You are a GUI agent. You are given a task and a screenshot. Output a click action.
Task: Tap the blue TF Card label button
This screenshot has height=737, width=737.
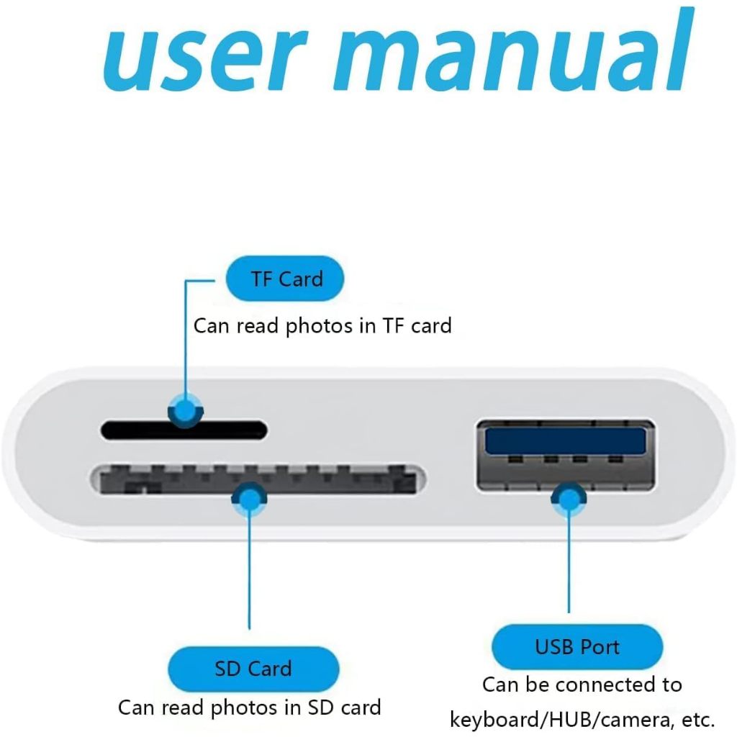(285, 279)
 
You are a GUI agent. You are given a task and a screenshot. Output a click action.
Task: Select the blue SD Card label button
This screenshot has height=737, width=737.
(253, 669)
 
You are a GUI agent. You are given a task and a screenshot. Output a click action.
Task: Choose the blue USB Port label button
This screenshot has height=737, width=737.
(577, 646)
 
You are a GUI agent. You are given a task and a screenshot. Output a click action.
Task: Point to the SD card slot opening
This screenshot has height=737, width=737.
(331, 479)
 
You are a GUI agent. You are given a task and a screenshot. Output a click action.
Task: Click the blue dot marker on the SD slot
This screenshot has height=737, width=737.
(249, 498)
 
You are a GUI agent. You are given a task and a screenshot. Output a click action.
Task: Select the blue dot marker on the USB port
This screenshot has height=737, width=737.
(569, 498)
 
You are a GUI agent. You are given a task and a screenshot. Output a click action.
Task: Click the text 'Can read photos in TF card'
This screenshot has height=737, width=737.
(322, 325)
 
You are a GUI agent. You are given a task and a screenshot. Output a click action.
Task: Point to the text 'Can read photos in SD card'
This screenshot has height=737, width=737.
(249, 707)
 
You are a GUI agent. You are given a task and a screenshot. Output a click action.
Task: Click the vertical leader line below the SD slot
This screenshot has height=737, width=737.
(249, 576)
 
